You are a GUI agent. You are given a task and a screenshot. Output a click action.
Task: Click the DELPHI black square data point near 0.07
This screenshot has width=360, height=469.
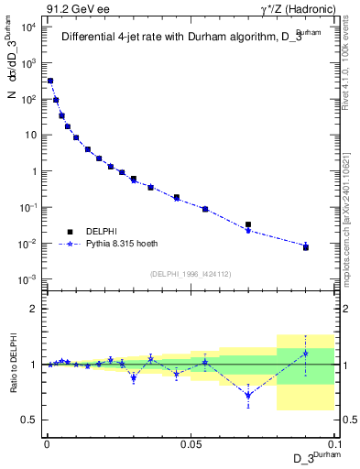click(248, 224)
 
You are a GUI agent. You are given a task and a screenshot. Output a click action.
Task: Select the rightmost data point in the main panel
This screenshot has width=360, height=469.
click(306, 247)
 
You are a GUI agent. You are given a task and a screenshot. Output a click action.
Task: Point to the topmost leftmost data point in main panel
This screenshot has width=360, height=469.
click(50, 81)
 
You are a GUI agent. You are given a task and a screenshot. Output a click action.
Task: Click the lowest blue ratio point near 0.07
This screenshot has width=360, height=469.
click(248, 396)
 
